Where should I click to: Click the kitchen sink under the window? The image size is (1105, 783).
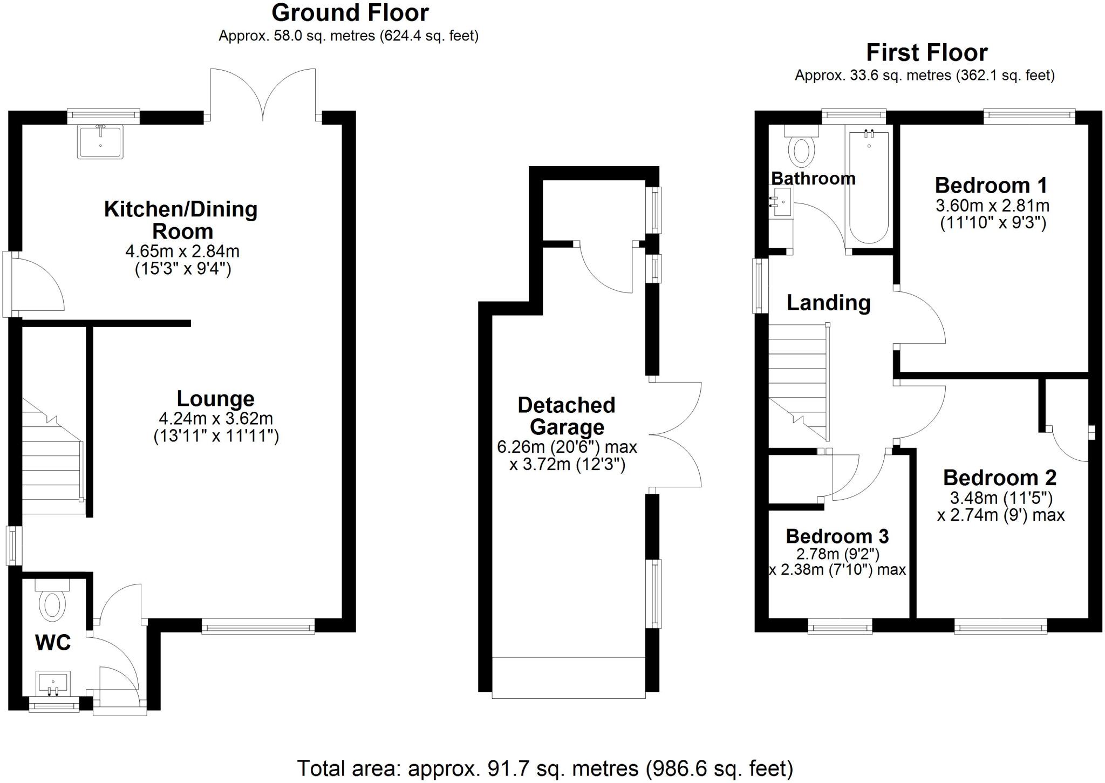coord(100,141)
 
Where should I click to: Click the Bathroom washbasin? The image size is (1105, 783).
coord(782,202)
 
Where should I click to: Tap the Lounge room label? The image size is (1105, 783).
coord(215,399)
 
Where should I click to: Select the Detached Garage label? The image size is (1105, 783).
coord(567,416)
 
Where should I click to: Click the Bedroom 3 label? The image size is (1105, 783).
coord(837,536)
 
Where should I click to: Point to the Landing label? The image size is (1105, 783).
coord(828,303)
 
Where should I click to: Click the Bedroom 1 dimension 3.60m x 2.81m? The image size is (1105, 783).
coord(992,206)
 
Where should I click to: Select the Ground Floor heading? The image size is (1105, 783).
coord(350,12)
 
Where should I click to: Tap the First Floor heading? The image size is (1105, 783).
coord(926,53)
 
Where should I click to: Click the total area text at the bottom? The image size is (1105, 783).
coord(544,768)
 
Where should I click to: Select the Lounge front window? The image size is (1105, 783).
coord(258,627)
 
